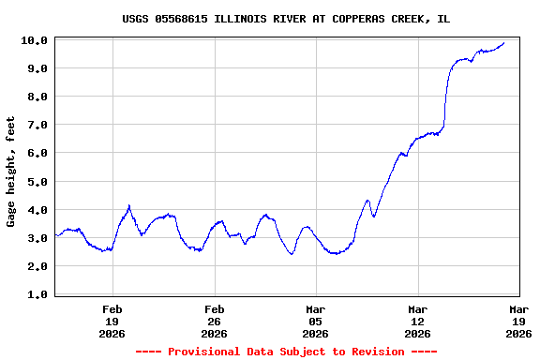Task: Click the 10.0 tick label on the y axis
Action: pos(36,40)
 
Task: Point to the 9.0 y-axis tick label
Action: pos(36,68)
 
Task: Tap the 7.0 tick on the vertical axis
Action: pos(36,125)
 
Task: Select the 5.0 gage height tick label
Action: pos(36,181)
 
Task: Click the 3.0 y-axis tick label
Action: pos(36,238)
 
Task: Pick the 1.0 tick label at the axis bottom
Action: pos(36,294)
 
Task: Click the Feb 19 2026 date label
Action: pos(112,321)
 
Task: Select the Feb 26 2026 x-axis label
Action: pos(214,321)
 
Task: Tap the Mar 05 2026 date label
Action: pos(315,321)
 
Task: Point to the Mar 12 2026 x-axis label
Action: pos(417,321)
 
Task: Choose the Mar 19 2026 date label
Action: pos(518,321)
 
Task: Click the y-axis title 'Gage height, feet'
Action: pos(11,172)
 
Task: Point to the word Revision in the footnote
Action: pos(373,352)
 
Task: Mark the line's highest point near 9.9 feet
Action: pos(504,42)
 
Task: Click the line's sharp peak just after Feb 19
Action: pos(128,205)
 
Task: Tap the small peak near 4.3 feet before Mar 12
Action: pos(367,200)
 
